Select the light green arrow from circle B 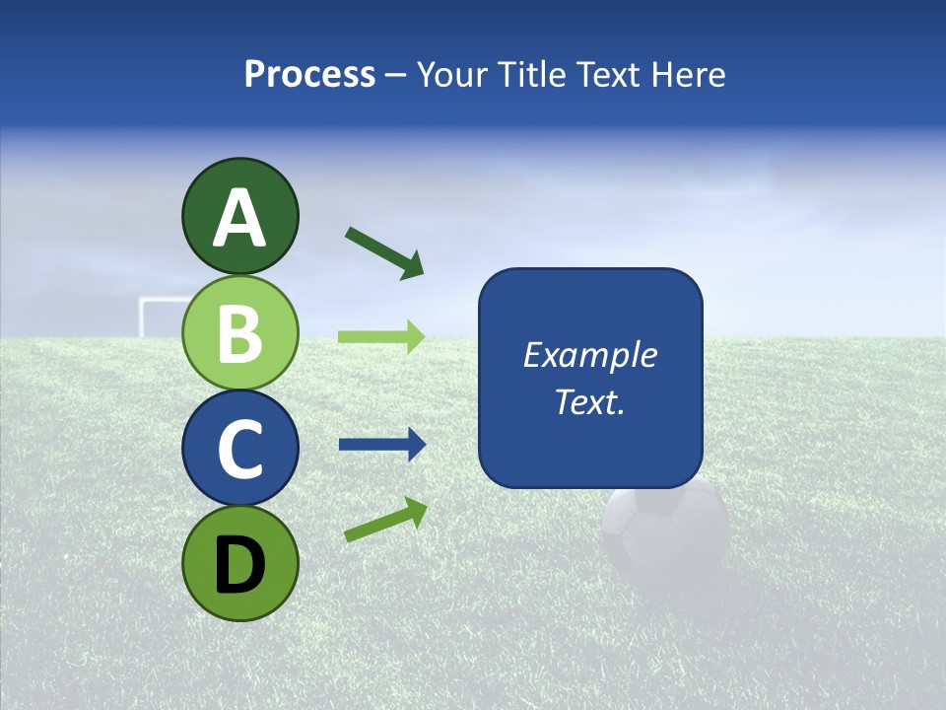[381, 336]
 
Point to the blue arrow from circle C [382, 445]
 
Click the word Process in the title [309, 74]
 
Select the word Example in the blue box [589, 355]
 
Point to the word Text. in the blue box [589, 401]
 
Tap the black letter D [239, 564]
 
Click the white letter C [239, 450]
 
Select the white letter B [239, 333]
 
